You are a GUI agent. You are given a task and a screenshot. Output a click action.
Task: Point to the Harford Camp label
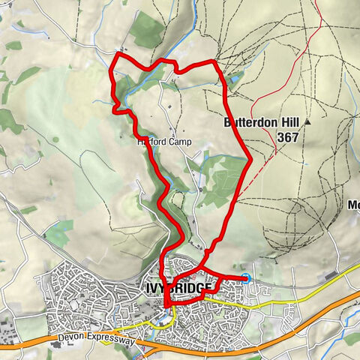click(164, 142)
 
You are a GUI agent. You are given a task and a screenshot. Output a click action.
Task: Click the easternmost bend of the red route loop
click(249, 157)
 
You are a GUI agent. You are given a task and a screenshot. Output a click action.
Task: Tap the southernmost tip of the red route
click(165, 304)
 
